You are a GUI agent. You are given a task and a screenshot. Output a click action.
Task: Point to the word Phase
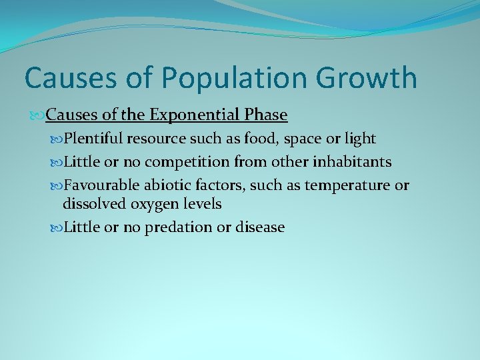coord(265,115)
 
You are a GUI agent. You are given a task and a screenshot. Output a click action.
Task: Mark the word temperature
coord(347,185)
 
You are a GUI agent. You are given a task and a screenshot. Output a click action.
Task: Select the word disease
coord(260,227)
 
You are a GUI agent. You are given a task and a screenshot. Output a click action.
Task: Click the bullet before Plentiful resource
coord(56,139)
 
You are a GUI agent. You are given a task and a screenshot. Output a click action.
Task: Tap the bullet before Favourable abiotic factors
coord(56,186)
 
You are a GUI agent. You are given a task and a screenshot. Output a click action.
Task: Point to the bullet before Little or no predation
coord(56,228)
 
